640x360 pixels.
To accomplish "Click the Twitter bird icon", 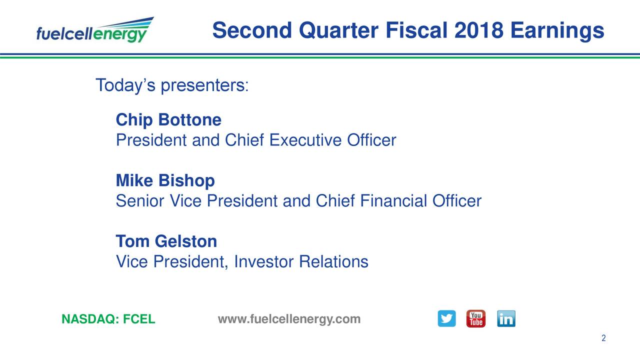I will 446,318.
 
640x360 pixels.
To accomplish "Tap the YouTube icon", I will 475,318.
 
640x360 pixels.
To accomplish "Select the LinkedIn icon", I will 506,318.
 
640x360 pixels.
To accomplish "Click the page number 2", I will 603,338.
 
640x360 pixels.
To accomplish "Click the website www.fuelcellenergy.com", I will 289,319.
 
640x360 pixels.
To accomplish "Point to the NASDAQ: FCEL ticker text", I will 108,319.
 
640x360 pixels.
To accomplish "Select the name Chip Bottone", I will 168,120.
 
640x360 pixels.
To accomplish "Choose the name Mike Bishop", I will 165,180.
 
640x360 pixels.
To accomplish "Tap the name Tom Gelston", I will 166,241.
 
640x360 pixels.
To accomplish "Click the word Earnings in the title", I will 557,31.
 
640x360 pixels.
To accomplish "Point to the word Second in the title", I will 252,31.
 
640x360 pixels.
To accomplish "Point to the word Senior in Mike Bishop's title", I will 140,201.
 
